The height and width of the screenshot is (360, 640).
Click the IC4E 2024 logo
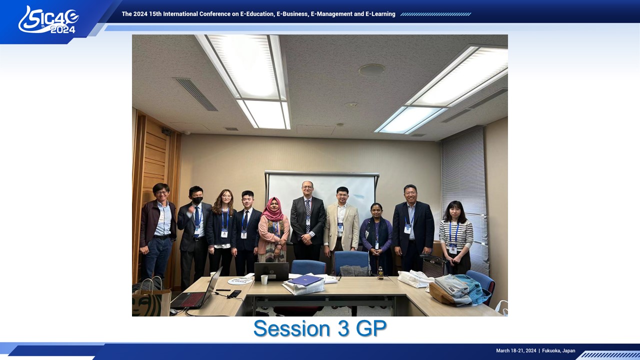click(x=48, y=20)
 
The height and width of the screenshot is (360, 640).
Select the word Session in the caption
click(x=291, y=328)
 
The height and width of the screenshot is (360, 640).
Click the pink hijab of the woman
click(x=272, y=210)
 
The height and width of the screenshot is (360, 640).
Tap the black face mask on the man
click(x=197, y=200)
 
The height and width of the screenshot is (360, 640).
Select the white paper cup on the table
click(x=264, y=279)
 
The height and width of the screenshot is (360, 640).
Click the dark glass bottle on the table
click(x=380, y=273)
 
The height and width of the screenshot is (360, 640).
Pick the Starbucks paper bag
click(x=151, y=298)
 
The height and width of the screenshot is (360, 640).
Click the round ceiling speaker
click(x=371, y=69)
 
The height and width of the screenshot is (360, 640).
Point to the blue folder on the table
click(x=305, y=280)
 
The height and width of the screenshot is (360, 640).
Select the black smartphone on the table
click(x=234, y=293)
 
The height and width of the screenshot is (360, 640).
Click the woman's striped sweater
click(x=455, y=234)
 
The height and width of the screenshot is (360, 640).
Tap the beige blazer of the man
click(x=341, y=225)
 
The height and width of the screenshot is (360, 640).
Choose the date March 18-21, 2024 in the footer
click(x=516, y=350)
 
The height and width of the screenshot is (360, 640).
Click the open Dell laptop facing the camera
click(x=271, y=271)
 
